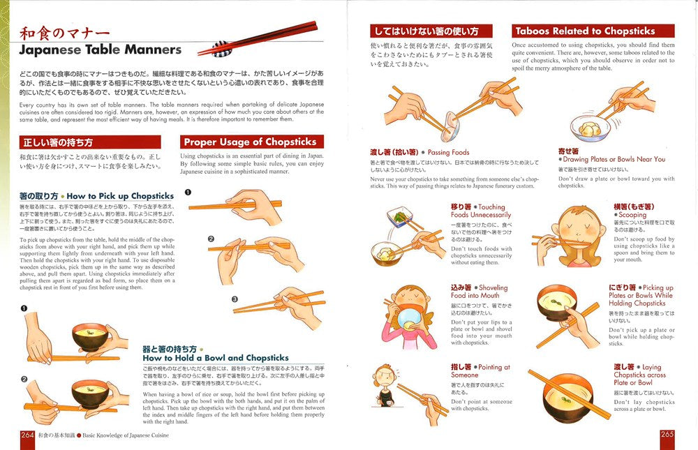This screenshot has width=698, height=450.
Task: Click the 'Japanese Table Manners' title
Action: pos(100,50)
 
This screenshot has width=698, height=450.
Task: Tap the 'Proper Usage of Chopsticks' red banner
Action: pos(252,142)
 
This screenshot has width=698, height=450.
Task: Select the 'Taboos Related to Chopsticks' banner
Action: pos(593,31)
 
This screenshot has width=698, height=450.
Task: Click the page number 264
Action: pos(27,435)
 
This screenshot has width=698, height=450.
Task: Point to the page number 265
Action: pos(667,435)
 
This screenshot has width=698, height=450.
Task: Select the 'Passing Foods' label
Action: pos(448,152)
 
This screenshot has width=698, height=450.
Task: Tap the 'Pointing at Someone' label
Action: pos(480,371)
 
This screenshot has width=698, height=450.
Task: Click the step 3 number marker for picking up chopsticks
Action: pos(235,299)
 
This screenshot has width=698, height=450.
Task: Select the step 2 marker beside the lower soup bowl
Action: pos(24,380)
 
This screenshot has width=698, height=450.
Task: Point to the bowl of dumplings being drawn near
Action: pos(588,128)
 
